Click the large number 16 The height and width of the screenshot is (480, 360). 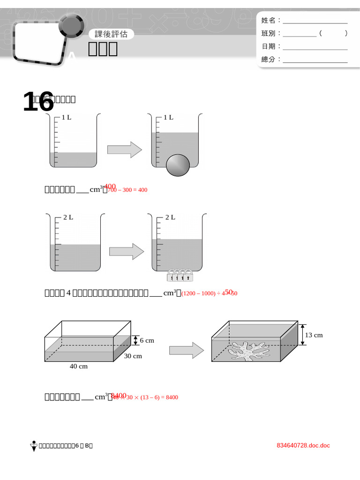click(38, 102)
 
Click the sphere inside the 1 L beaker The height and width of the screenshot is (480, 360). click(178, 165)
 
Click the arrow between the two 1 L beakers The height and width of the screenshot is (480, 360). click(125, 150)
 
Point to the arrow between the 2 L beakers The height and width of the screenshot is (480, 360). click(127, 251)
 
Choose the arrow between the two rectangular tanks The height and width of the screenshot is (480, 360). click(187, 350)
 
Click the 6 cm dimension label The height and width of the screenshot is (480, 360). click(147, 341)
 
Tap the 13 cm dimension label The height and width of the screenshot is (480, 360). click(314, 335)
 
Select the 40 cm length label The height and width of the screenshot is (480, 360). click(79, 367)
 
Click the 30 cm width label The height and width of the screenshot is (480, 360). click(133, 356)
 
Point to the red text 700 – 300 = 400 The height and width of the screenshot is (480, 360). click(127, 190)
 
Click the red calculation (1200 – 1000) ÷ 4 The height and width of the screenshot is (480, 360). click(209, 294)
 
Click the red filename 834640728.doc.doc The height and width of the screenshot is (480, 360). click(303, 445)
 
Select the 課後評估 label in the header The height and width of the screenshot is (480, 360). click(111, 34)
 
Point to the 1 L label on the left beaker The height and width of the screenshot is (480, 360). click(67, 118)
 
